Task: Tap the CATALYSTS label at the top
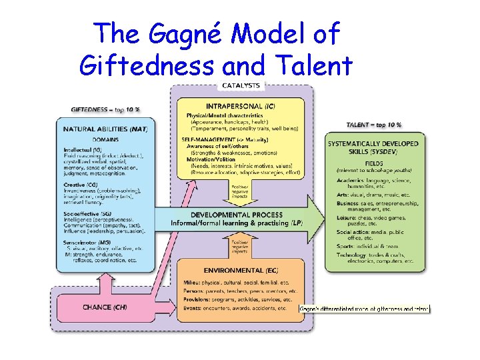tap(241, 85)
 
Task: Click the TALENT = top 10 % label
tap(373, 125)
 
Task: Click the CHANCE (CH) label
tap(105, 307)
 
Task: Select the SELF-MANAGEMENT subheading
tap(203, 139)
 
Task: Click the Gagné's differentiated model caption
tap(365, 309)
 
